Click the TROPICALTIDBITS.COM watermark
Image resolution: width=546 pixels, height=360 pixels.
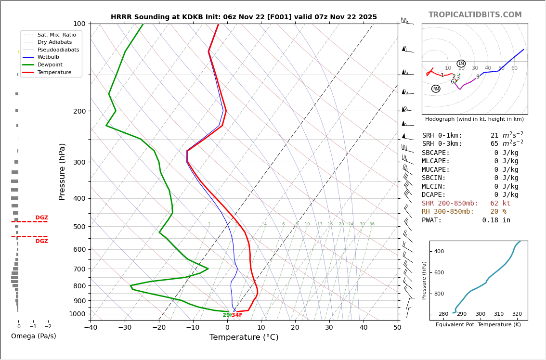point(475,15)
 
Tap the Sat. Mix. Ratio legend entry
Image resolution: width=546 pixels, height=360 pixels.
point(56,35)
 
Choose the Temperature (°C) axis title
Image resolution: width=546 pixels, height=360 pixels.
point(244,337)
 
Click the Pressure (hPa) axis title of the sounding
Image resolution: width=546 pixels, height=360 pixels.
point(62,171)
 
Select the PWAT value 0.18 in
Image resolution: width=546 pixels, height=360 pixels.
point(496,220)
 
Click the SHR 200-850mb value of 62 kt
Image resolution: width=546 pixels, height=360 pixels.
point(500,204)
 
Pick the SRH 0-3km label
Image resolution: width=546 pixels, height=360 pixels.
point(442,144)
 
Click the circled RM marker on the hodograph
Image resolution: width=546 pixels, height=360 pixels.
point(436,89)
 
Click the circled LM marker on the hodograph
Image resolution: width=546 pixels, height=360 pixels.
point(461,64)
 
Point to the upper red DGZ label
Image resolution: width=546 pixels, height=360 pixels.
point(41,218)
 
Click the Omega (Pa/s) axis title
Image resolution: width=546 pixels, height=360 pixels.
point(33,336)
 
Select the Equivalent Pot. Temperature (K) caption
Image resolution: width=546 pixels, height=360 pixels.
point(478,325)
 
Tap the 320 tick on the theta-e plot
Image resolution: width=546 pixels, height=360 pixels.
point(517,314)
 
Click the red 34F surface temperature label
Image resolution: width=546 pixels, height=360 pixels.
point(237,315)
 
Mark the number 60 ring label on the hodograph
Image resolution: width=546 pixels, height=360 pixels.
point(514,68)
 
